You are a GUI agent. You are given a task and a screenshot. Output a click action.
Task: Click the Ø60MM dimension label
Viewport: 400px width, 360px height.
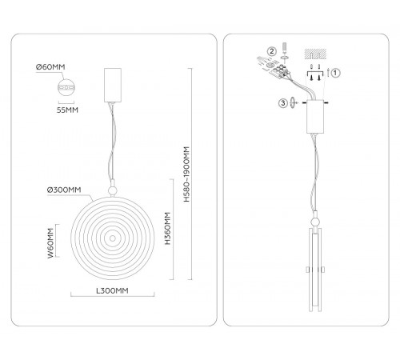point(50,66)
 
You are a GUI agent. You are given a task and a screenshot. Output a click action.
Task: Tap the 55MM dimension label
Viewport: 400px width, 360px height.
point(67,110)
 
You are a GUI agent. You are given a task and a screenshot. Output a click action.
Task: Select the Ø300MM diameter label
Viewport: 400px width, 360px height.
point(64,190)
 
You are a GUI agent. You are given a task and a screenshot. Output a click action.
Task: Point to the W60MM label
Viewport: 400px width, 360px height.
point(50,243)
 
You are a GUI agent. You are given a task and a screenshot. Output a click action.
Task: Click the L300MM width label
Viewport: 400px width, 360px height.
point(112,290)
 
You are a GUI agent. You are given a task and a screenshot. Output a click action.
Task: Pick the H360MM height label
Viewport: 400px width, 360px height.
point(167,229)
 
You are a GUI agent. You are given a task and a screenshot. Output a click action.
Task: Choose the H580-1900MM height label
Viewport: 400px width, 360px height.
point(186,174)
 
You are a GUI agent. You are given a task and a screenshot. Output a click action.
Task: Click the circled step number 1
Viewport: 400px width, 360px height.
point(335,73)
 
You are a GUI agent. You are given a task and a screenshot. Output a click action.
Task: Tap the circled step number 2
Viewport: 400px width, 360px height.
point(272,51)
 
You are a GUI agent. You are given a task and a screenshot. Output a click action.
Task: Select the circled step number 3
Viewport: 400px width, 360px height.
point(283,103)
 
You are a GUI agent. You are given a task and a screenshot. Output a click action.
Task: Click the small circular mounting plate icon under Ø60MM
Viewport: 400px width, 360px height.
point(66,87)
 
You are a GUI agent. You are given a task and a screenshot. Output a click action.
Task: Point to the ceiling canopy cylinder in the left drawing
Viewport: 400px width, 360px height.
point(113,85)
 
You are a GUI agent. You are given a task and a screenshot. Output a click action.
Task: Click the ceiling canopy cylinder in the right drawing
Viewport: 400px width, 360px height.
point(315,117)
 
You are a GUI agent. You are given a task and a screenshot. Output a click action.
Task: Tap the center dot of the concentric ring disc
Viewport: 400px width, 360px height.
point(113,238)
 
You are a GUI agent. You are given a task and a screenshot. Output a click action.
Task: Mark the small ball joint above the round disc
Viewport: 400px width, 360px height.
point(113,190)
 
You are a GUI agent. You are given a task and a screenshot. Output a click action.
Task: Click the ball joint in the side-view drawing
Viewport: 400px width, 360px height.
point(315,222)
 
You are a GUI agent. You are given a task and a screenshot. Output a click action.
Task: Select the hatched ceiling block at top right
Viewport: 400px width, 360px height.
point(315,54)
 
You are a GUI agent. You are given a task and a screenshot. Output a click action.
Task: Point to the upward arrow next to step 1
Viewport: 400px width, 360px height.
point(328,73)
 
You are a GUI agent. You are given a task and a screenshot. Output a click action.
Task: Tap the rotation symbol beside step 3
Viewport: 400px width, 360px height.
point(293,102)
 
